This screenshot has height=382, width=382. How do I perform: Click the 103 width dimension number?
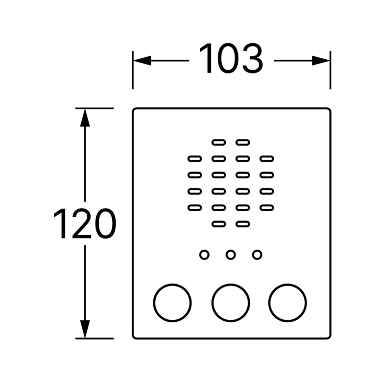[231, 59]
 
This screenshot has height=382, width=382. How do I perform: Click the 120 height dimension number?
[85, 224]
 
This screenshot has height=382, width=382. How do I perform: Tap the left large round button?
[172, 303]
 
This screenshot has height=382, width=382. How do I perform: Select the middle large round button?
[231, 303]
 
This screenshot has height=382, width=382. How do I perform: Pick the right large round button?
[287, 303]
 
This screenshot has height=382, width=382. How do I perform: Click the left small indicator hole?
[204, 255]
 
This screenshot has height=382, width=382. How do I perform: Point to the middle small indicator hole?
[231, 255]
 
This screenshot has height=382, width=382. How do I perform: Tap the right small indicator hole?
[257, 255]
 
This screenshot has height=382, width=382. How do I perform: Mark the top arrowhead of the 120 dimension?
[85, 118]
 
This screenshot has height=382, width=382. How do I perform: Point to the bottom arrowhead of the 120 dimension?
[85, 329]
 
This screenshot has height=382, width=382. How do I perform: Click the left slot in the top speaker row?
[219, 143]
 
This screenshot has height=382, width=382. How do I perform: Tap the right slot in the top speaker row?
[243, 143]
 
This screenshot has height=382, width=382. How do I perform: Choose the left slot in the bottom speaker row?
[219, 224]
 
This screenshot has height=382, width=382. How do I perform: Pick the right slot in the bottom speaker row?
[243, 224]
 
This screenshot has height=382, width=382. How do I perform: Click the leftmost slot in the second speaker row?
[195, 159]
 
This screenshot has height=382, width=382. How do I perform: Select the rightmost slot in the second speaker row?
[267, 159]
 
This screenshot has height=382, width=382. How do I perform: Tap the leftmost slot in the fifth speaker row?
[195, 208]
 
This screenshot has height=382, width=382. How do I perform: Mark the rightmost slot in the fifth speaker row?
[267, 208]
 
